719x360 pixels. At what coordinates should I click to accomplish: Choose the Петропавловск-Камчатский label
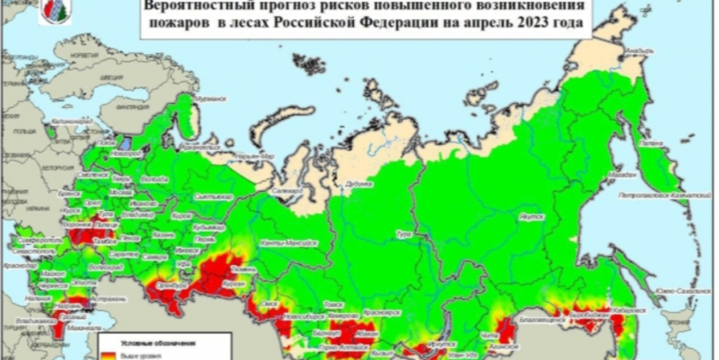679,198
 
